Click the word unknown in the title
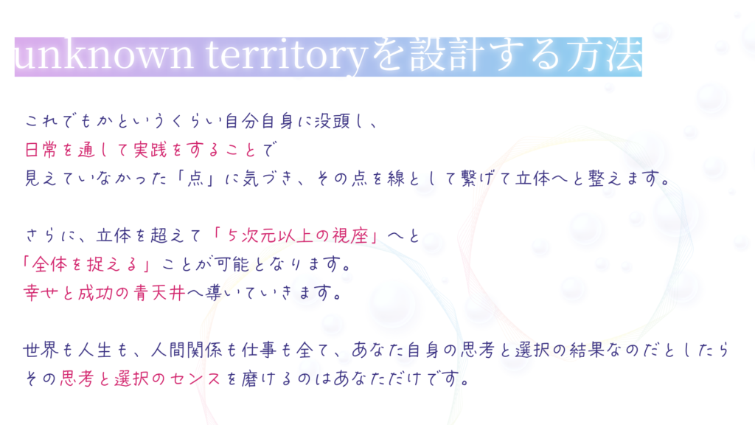[x=104, y=55]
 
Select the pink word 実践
[x=150, y=150]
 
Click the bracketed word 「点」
[x=195, y=179]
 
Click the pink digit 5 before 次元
[x=233, y=235]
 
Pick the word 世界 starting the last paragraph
[x=41, y=350]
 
